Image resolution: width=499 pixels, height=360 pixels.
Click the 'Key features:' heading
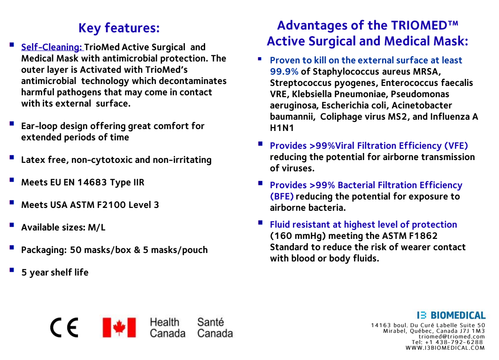tap(119, 28)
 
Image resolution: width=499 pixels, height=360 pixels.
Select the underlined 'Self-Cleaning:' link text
tap(52, 47)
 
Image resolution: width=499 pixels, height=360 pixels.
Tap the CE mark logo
tap(64, 327)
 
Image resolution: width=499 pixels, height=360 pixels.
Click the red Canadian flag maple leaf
tap(119, 328)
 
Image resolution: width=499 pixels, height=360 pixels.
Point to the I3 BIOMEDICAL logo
tap(451, 315)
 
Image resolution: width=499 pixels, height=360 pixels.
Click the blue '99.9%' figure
tap(284, 71)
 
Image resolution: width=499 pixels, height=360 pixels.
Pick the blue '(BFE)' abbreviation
tap(282, 196)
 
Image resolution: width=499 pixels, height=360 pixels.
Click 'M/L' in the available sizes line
tap(97, 227)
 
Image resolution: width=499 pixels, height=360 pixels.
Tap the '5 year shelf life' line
tap(54, 272)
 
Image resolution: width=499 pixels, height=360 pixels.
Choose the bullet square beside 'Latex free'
tap(12, 158)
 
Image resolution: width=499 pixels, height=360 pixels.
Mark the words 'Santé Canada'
tap(215, 328)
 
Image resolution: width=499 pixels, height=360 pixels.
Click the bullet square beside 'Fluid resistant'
tap(260, 222)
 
